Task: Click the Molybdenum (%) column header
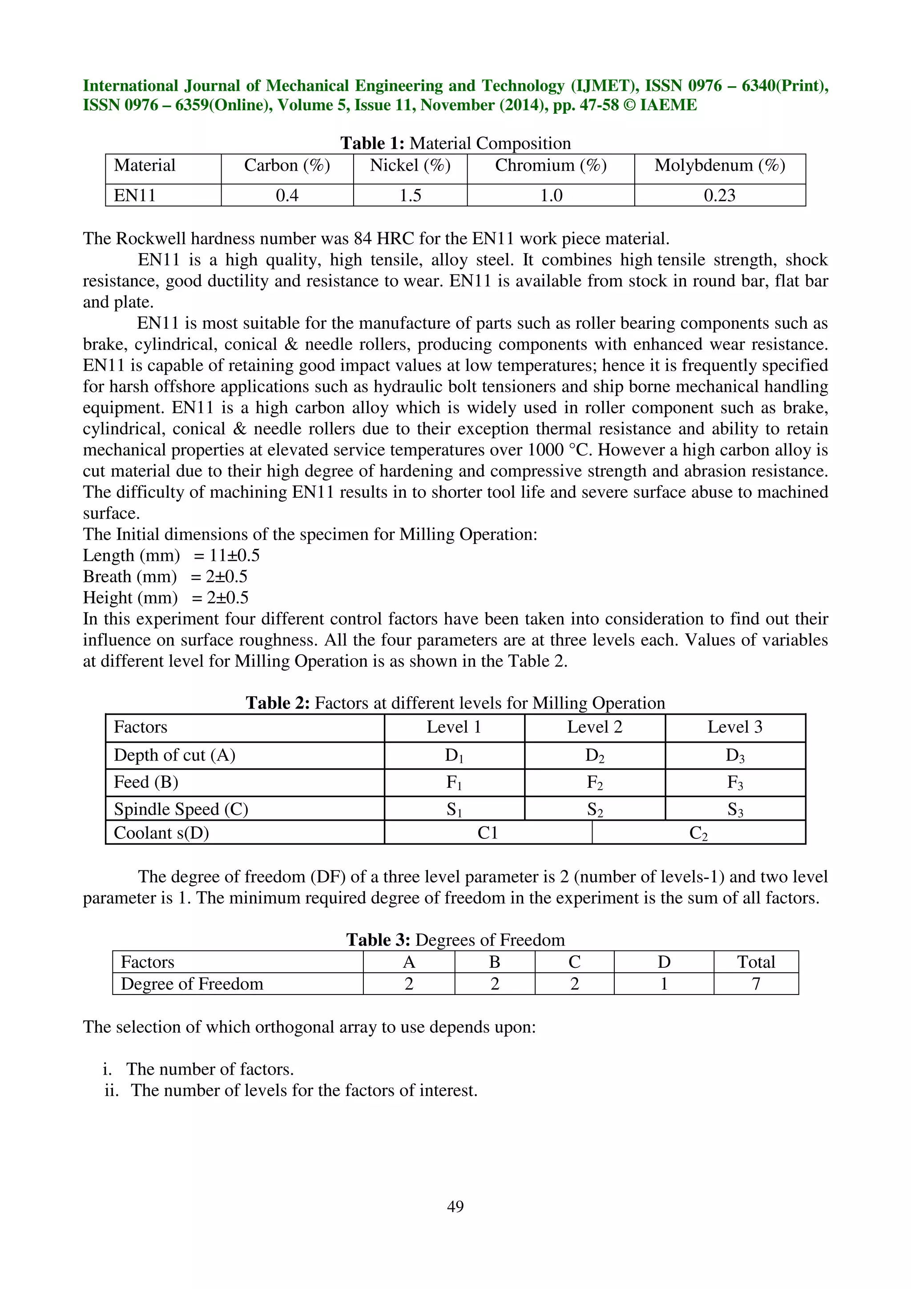[x=720, y=165]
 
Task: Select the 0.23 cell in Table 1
[x=720, y=195]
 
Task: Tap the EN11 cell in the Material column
[x=135, y=195]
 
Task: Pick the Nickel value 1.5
[x=410, y=195]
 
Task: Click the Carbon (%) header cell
[x=287, y=165]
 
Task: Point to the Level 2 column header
[x=594, y=727]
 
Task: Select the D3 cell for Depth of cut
[x=735, y=756]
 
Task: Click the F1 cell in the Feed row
[x=454, y=783]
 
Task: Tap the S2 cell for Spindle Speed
[x=594, y=810]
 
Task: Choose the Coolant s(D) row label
[x=161, y=833]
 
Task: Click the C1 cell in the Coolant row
[x=488, y=833]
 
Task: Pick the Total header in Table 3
[x=755, y=962]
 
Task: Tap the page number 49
[x=455, y=1206]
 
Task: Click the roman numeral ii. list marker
[x=112, y=1090]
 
